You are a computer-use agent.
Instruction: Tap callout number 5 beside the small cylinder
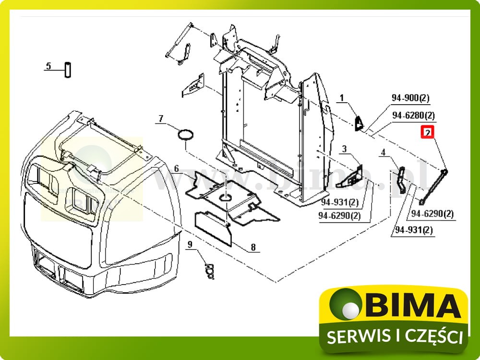click(48, 66)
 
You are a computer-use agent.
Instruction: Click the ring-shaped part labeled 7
click(186, 135)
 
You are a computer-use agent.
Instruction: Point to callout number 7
click(161, 118)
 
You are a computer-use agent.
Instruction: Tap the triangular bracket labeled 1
click(359, 122)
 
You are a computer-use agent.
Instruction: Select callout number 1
click(342, 98)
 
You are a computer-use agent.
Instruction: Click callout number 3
click(344, 149)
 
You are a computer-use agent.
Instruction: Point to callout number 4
click(383, 153)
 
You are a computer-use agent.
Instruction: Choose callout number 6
click(176, 168)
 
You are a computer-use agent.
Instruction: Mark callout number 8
click(252, 248)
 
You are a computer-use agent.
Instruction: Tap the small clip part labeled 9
click(209, 272)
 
